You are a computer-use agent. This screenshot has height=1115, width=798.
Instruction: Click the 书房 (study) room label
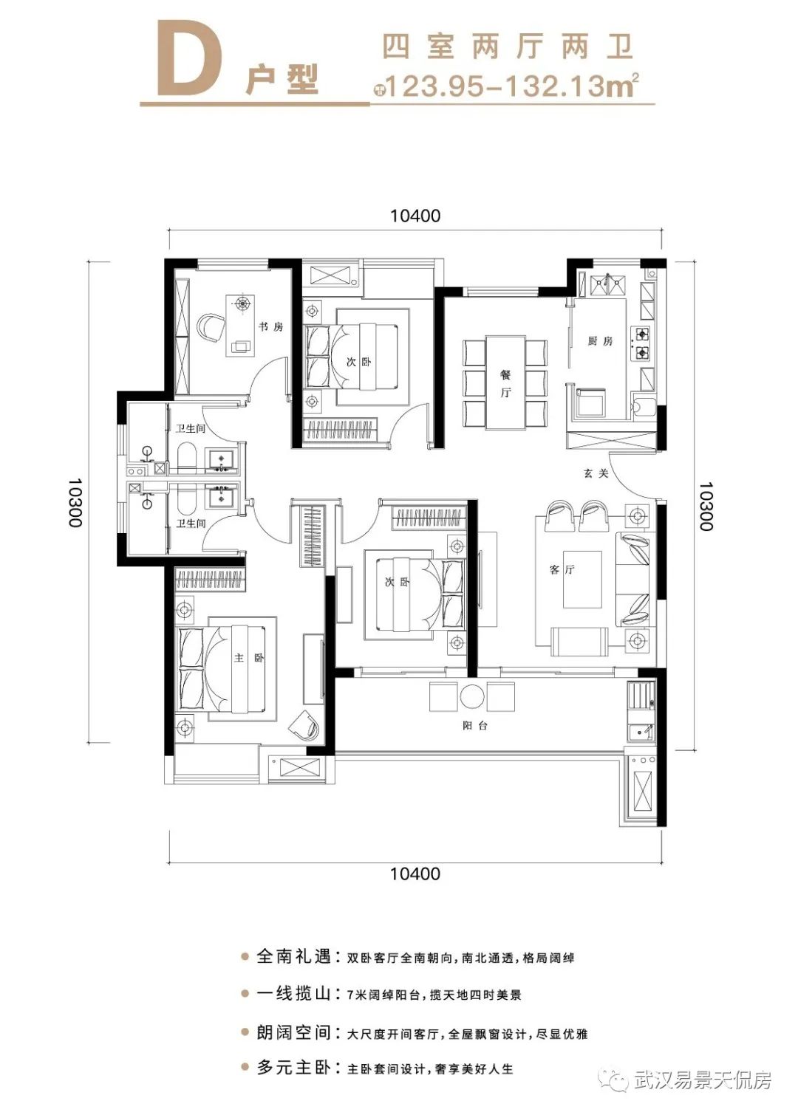tap(270, 327)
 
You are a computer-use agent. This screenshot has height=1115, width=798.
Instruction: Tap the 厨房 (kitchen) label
tap(600, 341)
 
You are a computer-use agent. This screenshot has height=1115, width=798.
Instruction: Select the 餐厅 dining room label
tap(505, 384)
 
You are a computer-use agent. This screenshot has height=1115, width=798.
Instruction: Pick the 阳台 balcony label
tap(475, 726)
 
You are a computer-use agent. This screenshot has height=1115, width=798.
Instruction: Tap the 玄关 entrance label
tap(596, 473)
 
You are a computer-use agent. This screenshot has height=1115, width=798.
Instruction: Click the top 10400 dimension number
tap(415, 216)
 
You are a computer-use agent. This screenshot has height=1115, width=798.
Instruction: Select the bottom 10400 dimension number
tap(415, 874)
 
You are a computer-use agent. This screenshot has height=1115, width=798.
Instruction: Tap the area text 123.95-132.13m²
tap(510, 86)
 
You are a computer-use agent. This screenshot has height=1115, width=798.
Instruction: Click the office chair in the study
tap(211, 327)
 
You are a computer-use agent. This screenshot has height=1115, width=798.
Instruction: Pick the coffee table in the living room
tap(582, 580)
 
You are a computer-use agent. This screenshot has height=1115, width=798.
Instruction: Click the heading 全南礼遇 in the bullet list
tap(294, 957)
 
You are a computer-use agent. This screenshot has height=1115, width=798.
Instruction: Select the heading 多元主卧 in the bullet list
tap(294, 1068)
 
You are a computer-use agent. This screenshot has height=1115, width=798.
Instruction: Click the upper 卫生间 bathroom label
tap(191, 428)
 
